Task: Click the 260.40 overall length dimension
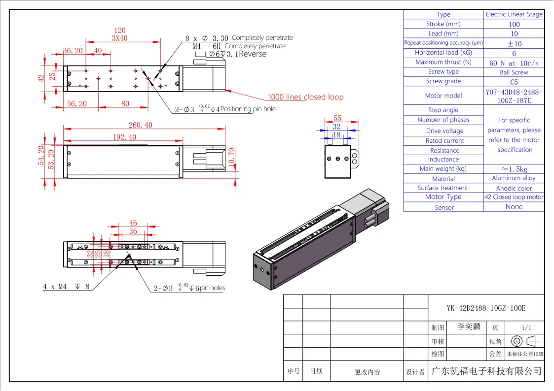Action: coord(141,125)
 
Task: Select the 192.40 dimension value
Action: coord(124,137)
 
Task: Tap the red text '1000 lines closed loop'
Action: coord(305,97)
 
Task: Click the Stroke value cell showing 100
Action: coord(514,24)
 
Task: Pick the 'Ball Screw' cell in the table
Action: coord(514,72)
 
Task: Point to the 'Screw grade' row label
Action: coord(443,81)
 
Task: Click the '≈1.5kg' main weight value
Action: coord(514,169)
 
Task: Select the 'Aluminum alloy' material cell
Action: coord(514,178)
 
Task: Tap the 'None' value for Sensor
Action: coord(514,207)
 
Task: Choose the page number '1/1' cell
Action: coord(526,327)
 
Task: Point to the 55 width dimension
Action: coord(337,118)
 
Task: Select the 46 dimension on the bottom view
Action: coord(133,223)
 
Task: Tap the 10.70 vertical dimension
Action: coord(232,157)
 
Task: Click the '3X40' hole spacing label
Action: coord(119,38)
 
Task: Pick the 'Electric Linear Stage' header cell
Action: coord(514,14)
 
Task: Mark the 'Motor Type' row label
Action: coord(443,197)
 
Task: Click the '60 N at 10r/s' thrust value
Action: coord(514,63)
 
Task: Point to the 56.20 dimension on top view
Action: coord(77,103)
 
